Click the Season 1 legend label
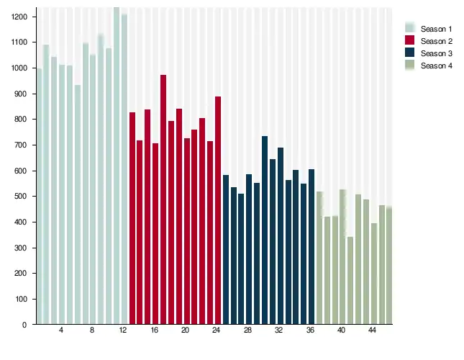pyautogui.click(x=437, y=28)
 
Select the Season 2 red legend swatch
pyautogui.click(x=410, y=41)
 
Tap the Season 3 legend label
pyautogui.click(x=437, y=53)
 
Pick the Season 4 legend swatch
pyautogui.click(x=410, y=66)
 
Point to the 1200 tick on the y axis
pyautogui.click(x=19, y=17)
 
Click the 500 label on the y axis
pyautogui.click(x=22, y=197)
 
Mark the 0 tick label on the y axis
pyautogui.click(x=24, y=325)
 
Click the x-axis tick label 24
pyautogui.click(x=217, y=330)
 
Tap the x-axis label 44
pyautogui.click(x=373, y=330)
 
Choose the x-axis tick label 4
pyautogui.click(x=61, y=330)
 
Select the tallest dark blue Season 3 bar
pyautogui.click(x=265, y=230)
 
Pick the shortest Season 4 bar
pyautogui.click(x=350, y=281)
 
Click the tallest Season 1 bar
pyautogui.click(x=117, y=166)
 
